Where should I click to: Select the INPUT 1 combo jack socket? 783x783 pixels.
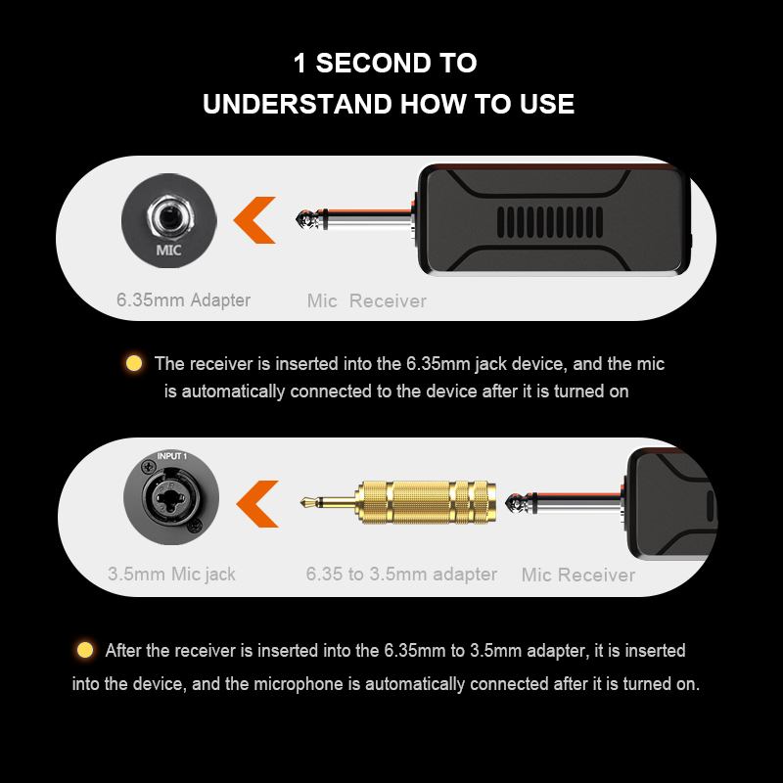pyautogui.click(x=171, y=497)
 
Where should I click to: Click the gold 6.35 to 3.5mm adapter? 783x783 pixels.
pyautogui.click(x=398, y=502)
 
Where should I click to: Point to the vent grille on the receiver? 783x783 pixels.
pyautogui.click(x=550, y=222)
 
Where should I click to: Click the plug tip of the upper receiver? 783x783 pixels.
pyautogui.click(x=302, y=219)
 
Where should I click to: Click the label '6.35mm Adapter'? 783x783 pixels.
pyautogui.click(x=183, y=300)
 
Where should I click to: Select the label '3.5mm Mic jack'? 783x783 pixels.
pyautogui.click(x=171, y=575)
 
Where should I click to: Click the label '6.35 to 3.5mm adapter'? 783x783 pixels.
pyautogui.click(x=401, y=575)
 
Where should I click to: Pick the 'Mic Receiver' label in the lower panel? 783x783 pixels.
pyautogui.click(x=578, y=575)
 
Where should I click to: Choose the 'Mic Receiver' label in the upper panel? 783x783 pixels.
pyautogui.click(x=366, y=301)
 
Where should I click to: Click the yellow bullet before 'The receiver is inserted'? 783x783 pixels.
pyautogui.click(x=134, y=363)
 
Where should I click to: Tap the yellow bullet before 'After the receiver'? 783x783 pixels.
pyautogui.click(x=85, y=650)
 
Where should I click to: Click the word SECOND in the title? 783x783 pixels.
pyautogui.click(x=374, y=64)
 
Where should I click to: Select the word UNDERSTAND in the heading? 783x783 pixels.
pyautogui.click(x=298, y=104)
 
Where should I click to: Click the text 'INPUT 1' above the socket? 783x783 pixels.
pyautogui.click(x=172, y=456)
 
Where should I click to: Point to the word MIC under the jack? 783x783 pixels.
pyautogui.click(x=168, y=250)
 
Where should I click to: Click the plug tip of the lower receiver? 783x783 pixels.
pyautogui.click(x=512, y=502)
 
